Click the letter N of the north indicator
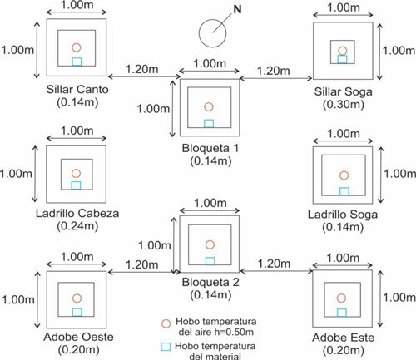pos(237,10)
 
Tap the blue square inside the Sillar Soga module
pos(342,59)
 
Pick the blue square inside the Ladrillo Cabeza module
pos(76,185)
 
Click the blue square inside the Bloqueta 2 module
pos(210,261)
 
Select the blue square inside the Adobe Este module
pos(342,313)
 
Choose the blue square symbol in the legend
pos(166,347)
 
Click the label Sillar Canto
pos(77,90)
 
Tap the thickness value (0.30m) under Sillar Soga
pos(344,105)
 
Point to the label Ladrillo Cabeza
pos(77,213)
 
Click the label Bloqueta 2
pos(210,282)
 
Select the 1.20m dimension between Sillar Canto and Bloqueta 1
pos(142,69)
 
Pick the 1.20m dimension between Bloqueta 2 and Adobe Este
pos(274,264)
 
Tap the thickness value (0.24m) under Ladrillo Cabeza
pos(77,226)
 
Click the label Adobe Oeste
pos(78,337)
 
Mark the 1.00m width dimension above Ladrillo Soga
pos(344,134)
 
